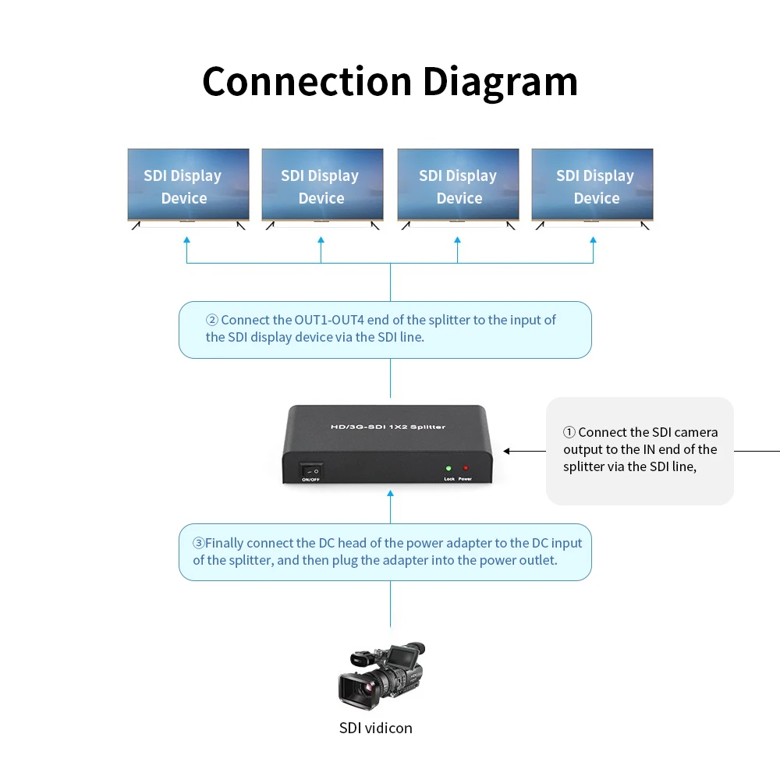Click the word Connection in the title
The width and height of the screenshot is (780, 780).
point(307,82)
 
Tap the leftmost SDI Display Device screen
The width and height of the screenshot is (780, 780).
point(188,185)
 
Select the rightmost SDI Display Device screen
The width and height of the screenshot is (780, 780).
point(592,185)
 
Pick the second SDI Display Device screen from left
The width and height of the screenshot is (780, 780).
point(322,185)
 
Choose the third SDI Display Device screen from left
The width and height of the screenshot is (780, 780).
point(458,185)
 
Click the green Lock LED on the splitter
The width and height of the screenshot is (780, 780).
point(448,469)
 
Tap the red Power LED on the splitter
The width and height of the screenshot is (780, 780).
point(466,468)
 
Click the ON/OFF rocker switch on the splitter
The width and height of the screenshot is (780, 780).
point(311,470)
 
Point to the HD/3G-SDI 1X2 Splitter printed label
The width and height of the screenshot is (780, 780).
point(388,427)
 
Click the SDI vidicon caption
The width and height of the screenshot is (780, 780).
point(376,728)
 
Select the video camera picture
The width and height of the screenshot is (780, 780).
point(382,675)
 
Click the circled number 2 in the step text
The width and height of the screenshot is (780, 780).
point(212,320)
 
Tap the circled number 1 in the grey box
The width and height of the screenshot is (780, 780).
point(569,432)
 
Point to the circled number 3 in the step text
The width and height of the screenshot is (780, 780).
point(198,543)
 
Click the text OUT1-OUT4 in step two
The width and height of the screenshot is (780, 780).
point(329,320)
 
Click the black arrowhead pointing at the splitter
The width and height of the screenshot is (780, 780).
point(506,451)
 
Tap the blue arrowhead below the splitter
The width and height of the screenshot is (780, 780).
point(391,494)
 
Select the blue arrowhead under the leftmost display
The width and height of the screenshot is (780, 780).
point(186,239)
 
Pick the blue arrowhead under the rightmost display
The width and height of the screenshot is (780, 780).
point(593,239)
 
